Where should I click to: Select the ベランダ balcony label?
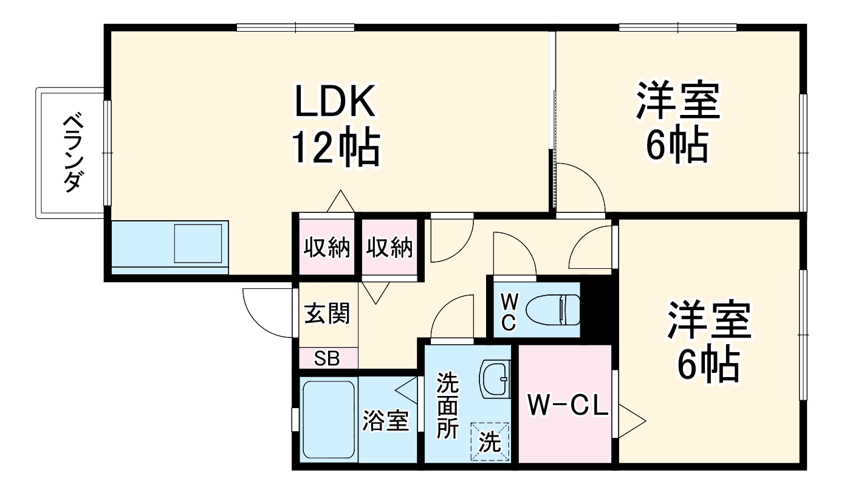pos(72,153)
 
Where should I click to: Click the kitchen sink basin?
pos(198,243)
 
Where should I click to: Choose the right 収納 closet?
pos(389,248)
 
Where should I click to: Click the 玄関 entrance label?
pos(327,315)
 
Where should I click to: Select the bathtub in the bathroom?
pos(328,420)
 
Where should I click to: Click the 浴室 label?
pos(386,421)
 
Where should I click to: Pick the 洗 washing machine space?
pos(490,442)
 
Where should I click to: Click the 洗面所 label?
pos(448,405)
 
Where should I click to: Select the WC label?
pos(509,312)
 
